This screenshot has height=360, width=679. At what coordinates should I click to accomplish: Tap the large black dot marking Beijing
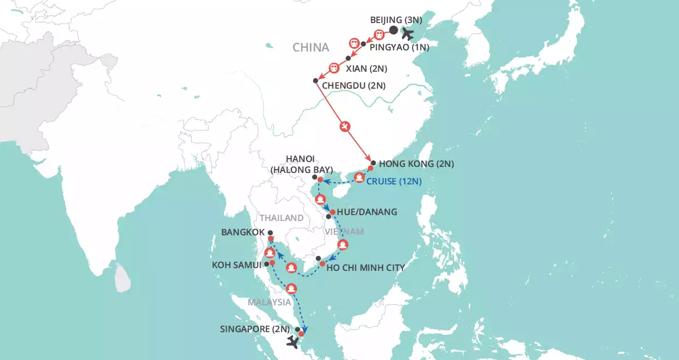tap(394, 31)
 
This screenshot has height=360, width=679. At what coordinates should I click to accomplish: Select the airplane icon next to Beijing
tap(407, 33)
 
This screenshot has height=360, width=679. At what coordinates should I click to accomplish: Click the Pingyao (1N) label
tap(399, 48)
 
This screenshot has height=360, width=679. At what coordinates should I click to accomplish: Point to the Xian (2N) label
tap(367, 69)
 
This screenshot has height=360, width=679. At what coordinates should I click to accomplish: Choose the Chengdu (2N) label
tap(354, 85)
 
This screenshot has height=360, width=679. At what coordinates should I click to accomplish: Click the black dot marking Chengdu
tap(315, 81)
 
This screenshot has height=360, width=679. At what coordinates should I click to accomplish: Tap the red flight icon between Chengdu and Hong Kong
tap(344, 127)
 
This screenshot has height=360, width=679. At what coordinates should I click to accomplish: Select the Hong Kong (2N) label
tap(416, 164)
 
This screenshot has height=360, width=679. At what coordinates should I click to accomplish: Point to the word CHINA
tap(310, 48)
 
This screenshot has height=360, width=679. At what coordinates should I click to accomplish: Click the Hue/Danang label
tap(366, 212)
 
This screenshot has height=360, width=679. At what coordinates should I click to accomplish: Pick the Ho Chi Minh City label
tap(365, 268)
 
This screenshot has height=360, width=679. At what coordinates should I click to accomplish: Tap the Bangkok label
tap(243, 233)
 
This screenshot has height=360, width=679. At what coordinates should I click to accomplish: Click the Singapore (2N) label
tap(254, 329)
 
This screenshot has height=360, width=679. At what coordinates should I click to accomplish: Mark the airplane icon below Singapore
tap(292, 342)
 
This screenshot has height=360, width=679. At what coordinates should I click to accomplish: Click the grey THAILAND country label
tap(281, 218)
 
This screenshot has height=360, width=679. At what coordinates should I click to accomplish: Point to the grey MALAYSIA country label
tap(268, 302)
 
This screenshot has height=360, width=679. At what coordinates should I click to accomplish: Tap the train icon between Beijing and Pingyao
tap(379, 34)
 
